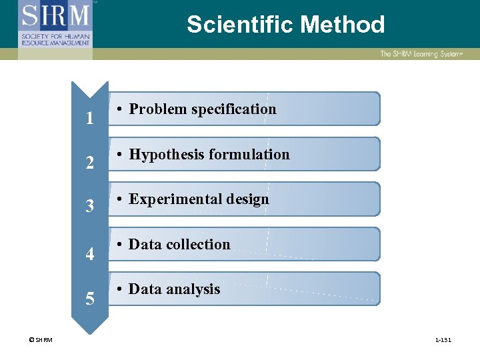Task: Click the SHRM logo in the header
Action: tap(56, 24)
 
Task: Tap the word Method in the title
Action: tap(343, 25)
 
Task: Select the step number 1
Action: tap(89, 119)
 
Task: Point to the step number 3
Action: tap(89, 207)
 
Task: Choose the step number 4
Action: tap(89, 254)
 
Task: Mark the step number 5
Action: tap(89, 298)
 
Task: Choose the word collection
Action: tap(199, 244)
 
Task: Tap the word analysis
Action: tap(194, 289)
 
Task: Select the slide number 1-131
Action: tap(443, 340)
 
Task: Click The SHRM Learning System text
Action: tap(421, 53)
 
